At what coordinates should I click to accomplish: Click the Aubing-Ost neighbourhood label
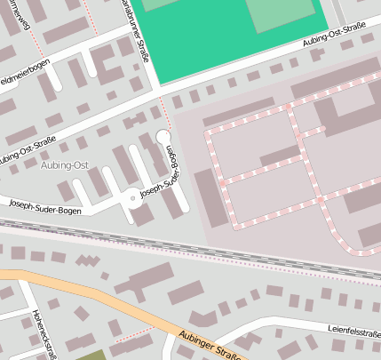click(x=65, y=166)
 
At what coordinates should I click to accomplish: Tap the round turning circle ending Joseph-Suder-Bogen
click(x=163, y=135)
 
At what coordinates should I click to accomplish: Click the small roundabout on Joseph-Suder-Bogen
click(x=132, y=197)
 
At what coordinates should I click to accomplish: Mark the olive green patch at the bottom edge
click(x=89, y=355)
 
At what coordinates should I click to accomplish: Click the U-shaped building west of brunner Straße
click(x=107, y=65)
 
